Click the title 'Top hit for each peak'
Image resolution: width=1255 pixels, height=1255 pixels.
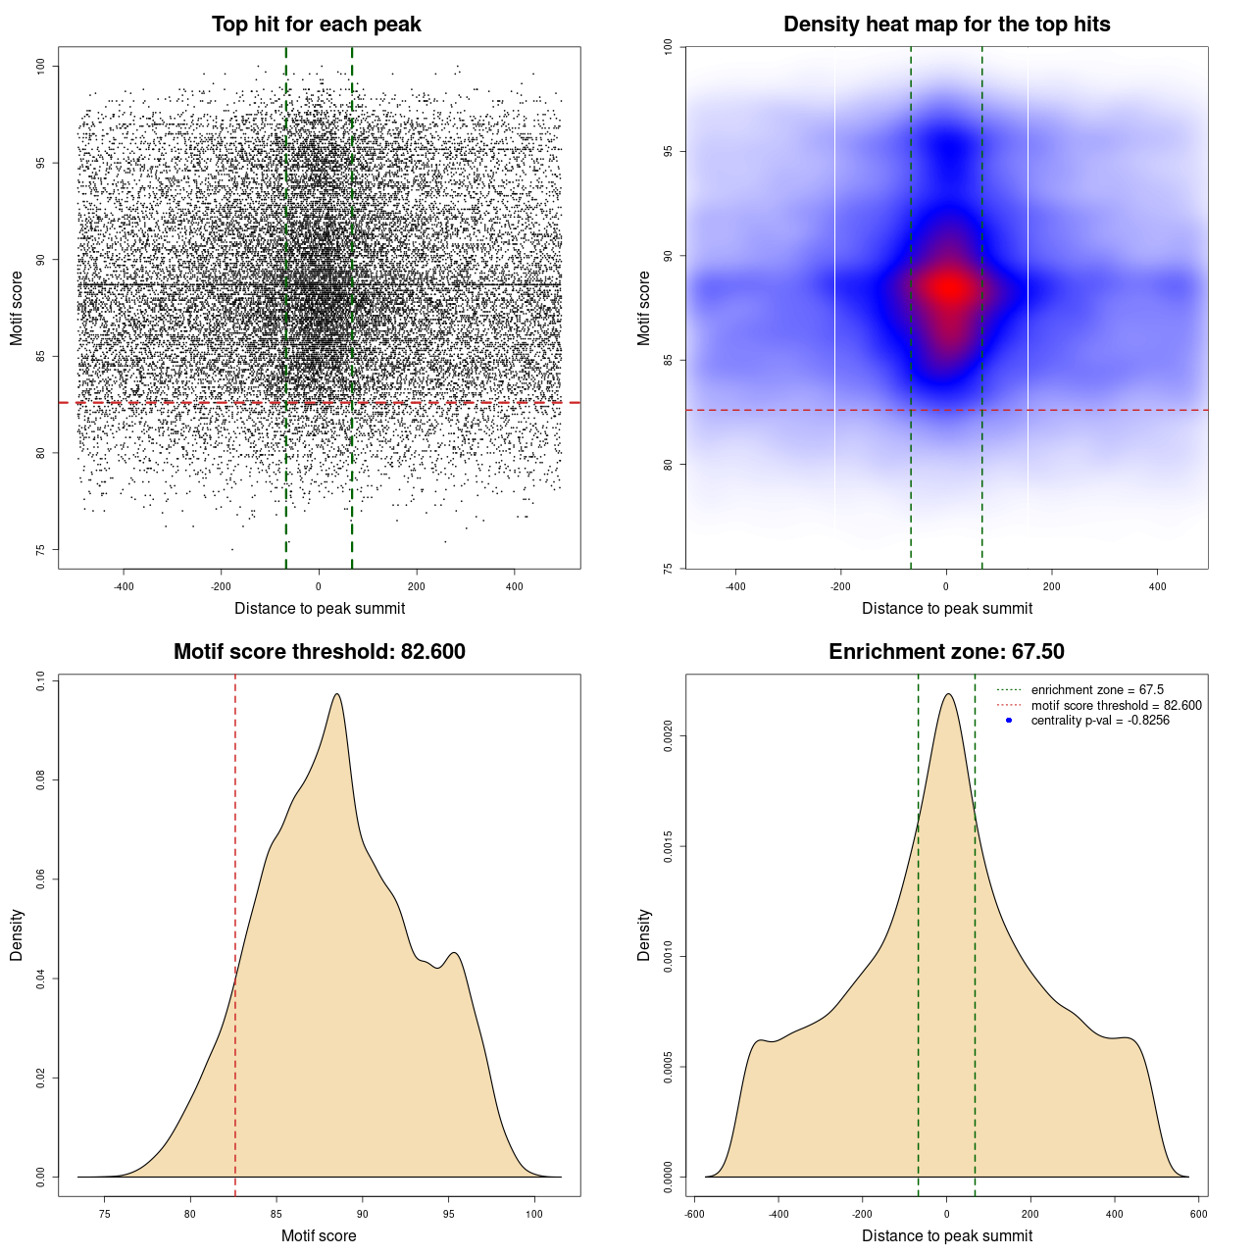316,25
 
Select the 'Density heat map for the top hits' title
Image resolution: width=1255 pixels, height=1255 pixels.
946,25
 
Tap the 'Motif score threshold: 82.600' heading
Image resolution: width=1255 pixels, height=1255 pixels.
319,652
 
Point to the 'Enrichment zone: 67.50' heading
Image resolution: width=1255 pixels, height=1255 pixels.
946,652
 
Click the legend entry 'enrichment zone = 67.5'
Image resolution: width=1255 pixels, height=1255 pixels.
1096,690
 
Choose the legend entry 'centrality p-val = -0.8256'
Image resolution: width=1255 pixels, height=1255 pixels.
1099,721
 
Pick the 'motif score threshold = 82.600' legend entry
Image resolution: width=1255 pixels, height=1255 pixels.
1116,706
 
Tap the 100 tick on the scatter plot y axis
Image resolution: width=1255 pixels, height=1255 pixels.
41,66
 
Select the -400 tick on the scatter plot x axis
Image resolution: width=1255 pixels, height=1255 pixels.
124,586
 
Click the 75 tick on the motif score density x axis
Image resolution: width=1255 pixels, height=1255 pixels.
105,1214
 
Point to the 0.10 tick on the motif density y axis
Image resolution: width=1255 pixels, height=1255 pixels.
41,681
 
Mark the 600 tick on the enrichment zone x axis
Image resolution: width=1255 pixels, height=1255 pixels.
1198,1214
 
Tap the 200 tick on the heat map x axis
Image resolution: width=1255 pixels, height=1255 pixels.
1051,586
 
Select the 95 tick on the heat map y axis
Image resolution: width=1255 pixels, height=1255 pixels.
669,151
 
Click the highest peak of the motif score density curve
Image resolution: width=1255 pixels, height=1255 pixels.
337,694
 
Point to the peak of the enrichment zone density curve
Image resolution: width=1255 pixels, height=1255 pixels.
948,694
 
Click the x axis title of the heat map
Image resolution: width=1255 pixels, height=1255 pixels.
946,608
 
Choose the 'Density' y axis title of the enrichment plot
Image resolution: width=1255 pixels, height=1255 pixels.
644,934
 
